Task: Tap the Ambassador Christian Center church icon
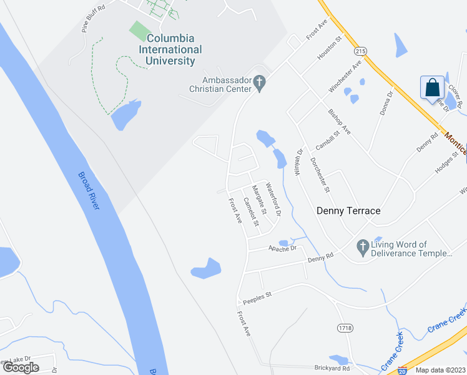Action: tap(262, 82)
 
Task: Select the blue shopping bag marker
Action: tap(433, 88)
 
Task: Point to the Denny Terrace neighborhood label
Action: tap(348, 211)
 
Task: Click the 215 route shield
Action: tap(359, 51)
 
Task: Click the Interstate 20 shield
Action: tap(402, 369)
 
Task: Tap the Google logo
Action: tap(21, 367)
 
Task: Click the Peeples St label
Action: tap(258, 294)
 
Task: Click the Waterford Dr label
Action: tap(273, 199)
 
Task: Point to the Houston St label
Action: tap(330, 48)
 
